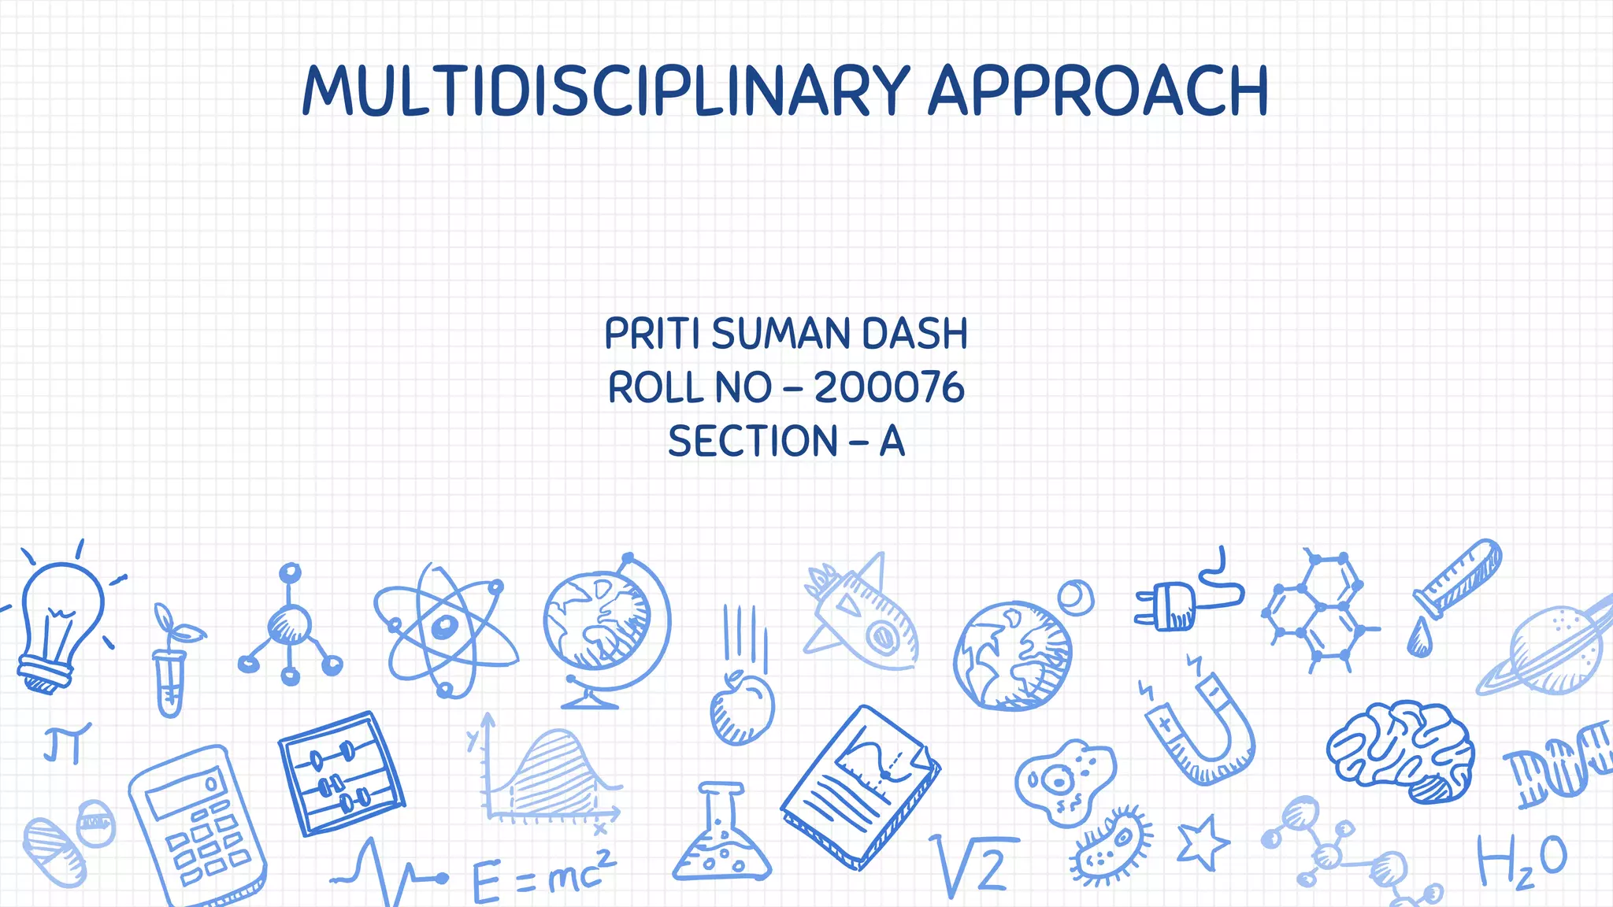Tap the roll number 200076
pos(889,387)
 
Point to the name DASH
pos(914,334)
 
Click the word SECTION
pos(752,441)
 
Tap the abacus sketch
pos(340,772)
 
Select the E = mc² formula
pos(543,874)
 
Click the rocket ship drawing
pos(862,618)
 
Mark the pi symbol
pos(66,744)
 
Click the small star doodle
pos(1202,842)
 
